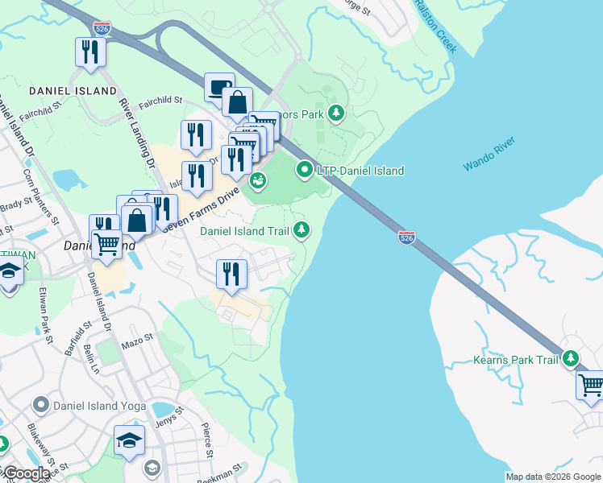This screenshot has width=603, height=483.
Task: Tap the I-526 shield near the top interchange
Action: coord(102,27)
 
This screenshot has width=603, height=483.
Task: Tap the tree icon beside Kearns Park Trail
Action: coord(571,358)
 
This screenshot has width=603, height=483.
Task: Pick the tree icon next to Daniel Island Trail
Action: coord(301,231)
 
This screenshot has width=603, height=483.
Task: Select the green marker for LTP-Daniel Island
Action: coord(304,170)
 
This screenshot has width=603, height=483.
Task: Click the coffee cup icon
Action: coord(218,86)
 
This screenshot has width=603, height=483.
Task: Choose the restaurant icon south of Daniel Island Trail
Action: coord(231,274)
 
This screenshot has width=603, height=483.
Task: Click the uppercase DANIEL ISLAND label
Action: coord(73,91)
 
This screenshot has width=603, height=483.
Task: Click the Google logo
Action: coord(26,473)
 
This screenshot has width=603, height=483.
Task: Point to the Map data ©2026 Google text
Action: coord(552,477)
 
